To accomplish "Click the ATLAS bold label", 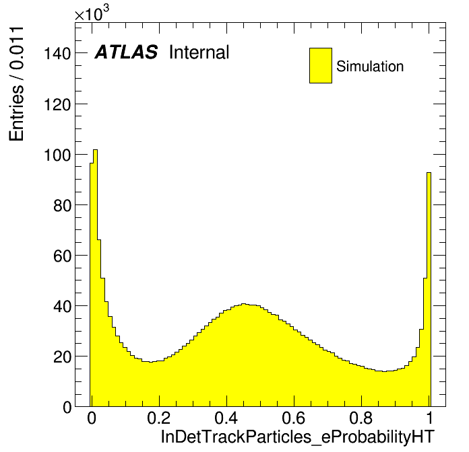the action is [126, 52].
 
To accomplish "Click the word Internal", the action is [199, 52].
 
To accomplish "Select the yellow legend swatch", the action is [321, 65].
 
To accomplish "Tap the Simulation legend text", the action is [370, 66].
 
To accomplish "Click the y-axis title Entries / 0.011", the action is [16, 84].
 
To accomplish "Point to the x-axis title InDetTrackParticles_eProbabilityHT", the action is [297, 437].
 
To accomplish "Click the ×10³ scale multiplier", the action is [92, 13].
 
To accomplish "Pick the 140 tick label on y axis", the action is [57, 54].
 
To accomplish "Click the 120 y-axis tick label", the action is [57, 104].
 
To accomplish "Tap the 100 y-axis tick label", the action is [57, 155].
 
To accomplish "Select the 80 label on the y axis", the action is [62, 205].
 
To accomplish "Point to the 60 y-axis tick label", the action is [62, 256].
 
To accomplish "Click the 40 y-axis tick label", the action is [62, 306].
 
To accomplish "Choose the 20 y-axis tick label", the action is [62, 356].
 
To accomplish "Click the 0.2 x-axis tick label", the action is [159, 418].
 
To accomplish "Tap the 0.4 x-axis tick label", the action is [226, 418].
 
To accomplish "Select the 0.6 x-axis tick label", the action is [294, 418].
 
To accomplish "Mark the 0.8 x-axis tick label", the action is [361, 418].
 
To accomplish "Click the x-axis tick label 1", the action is [429, 418].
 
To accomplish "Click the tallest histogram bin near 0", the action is [96, 278].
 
